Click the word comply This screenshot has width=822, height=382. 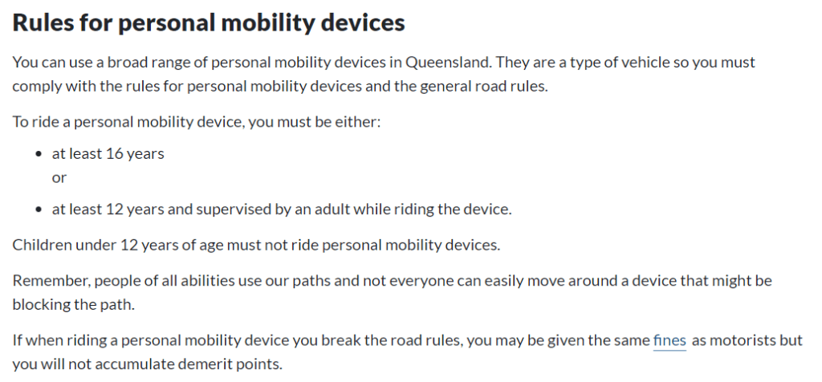coord(37,86)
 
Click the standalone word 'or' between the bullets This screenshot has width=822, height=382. coord(59,177)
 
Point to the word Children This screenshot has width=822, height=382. coord(42,245)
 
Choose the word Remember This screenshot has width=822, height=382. coord(47,282)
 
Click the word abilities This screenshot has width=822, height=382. coord(201,282)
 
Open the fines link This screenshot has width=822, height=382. coord(669,341)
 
